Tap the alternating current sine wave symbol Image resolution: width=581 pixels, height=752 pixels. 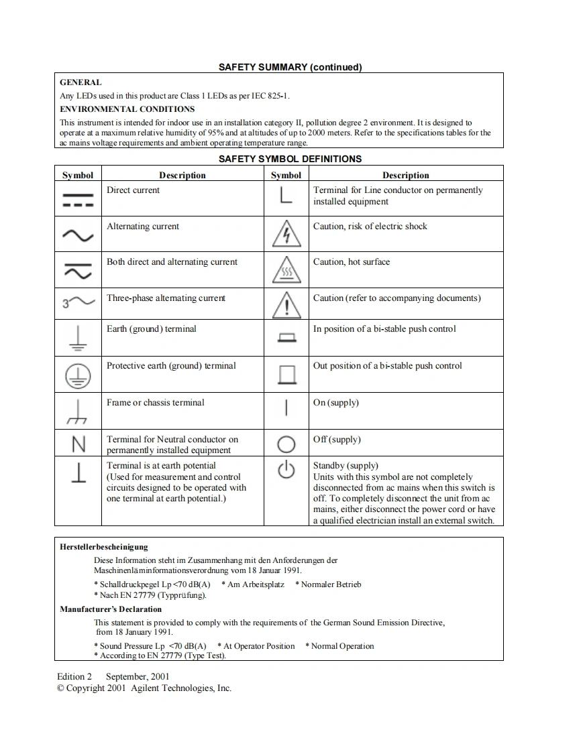(78, 235)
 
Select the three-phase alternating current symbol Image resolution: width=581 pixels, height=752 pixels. (78, 303)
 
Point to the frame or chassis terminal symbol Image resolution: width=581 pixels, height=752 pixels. (78, 412)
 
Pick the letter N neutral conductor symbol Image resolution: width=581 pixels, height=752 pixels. (78, 444)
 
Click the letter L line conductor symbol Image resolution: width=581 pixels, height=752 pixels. (286, 195)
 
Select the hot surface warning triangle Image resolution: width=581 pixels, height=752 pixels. (286, 271)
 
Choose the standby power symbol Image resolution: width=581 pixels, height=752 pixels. (286, 471)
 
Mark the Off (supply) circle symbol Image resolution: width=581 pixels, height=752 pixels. (286, 444)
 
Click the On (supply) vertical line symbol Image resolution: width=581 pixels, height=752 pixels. (286, 408)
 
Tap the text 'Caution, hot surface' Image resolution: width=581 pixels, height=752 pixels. (351, 262)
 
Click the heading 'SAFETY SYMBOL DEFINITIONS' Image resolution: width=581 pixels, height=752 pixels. (290, 159)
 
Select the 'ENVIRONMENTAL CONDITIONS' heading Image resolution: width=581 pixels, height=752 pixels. (127, 109)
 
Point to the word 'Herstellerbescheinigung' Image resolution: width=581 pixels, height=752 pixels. (104, 547)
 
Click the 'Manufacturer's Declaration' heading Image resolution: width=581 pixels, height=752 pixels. (111, 609)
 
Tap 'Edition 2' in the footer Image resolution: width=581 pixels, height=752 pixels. (74, 676)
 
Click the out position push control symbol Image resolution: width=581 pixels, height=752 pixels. (286, 375)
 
